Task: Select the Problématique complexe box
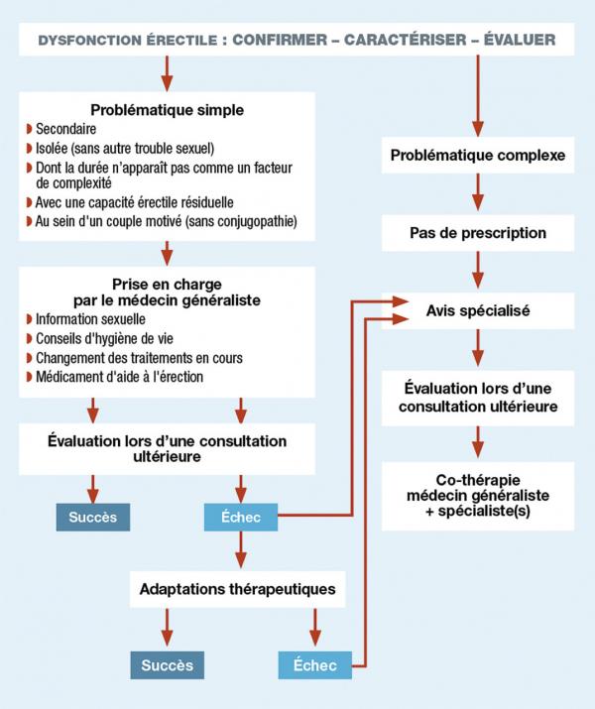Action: [477, 156]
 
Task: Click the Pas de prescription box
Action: [477, 233]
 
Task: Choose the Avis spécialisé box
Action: [477, 310]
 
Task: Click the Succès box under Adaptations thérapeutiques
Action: [167, 664]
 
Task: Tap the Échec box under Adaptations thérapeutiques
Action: [314, 664]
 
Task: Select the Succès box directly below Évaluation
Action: [93, 517]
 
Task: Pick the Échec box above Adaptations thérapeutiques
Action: [241, 517]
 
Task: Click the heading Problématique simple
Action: [167, 110]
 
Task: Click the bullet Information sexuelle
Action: [90, 319]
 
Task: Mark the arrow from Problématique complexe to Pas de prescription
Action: [478, 193]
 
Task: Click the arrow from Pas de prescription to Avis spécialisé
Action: [478, 271]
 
